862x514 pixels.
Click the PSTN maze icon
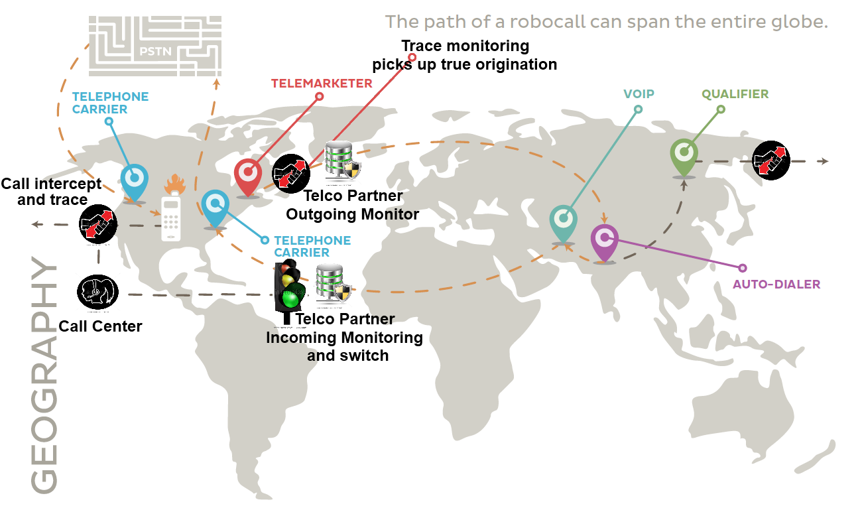(x=155, y=46)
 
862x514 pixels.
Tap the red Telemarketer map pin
(x=249, y=174)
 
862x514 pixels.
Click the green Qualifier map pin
(x=684, y=155)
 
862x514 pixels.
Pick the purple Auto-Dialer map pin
(x=604, y=240)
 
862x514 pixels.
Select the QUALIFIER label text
(x=735, y=94)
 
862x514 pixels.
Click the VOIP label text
(x=639, y=94)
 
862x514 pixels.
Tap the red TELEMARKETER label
(x=322, y=84)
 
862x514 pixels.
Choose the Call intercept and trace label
(x=52, y=192)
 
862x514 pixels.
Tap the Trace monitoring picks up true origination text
(x=464, y=56)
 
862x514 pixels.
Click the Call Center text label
(x=100, y=326)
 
